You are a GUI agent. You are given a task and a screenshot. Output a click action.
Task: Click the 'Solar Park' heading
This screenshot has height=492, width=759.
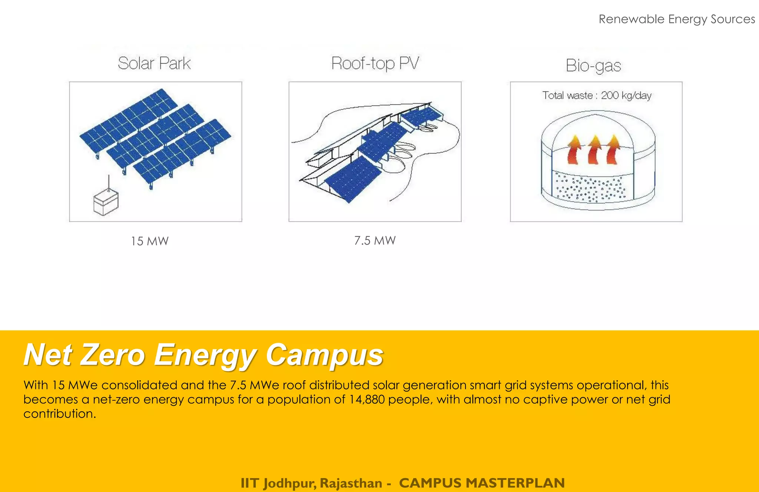click(154, 63)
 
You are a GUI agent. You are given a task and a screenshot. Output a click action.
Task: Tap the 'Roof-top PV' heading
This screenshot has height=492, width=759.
click(375, 63)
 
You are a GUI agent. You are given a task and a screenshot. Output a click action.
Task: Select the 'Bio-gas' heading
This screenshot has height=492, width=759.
click(593, 66)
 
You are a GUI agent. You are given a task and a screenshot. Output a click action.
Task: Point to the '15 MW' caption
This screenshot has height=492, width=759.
click(150, 241)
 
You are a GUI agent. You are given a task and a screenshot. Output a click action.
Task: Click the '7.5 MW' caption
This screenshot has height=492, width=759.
click(375, 241)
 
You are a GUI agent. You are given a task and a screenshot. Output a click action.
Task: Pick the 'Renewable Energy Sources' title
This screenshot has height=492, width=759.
click(677, 19)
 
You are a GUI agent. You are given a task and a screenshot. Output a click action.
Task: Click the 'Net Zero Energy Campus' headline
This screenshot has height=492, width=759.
click(203, 355)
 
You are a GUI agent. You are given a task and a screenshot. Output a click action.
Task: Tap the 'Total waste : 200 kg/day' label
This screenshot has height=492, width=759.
click(597, 95)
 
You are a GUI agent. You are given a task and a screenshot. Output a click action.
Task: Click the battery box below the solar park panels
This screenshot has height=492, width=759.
click(106, 202)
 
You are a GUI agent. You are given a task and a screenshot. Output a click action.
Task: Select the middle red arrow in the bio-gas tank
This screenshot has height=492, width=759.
click(594, 150)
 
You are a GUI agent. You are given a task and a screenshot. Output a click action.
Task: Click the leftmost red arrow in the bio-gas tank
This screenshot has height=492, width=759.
click(574, 150)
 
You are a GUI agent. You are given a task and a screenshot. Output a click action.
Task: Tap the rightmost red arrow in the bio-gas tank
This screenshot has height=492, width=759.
click(613, 150)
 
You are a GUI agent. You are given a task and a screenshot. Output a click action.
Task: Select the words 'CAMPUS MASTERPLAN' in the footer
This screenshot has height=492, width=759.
click(482, 483)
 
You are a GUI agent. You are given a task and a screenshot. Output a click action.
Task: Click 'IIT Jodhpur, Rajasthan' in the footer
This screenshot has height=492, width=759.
click(311, 483)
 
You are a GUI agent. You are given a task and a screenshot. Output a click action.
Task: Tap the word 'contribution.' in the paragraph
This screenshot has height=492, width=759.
click(60, 414)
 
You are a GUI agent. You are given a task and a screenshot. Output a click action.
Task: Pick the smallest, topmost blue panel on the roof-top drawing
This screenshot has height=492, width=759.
click(422, 116)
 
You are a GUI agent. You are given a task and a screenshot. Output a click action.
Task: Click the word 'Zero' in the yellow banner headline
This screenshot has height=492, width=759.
click(112, 355)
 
